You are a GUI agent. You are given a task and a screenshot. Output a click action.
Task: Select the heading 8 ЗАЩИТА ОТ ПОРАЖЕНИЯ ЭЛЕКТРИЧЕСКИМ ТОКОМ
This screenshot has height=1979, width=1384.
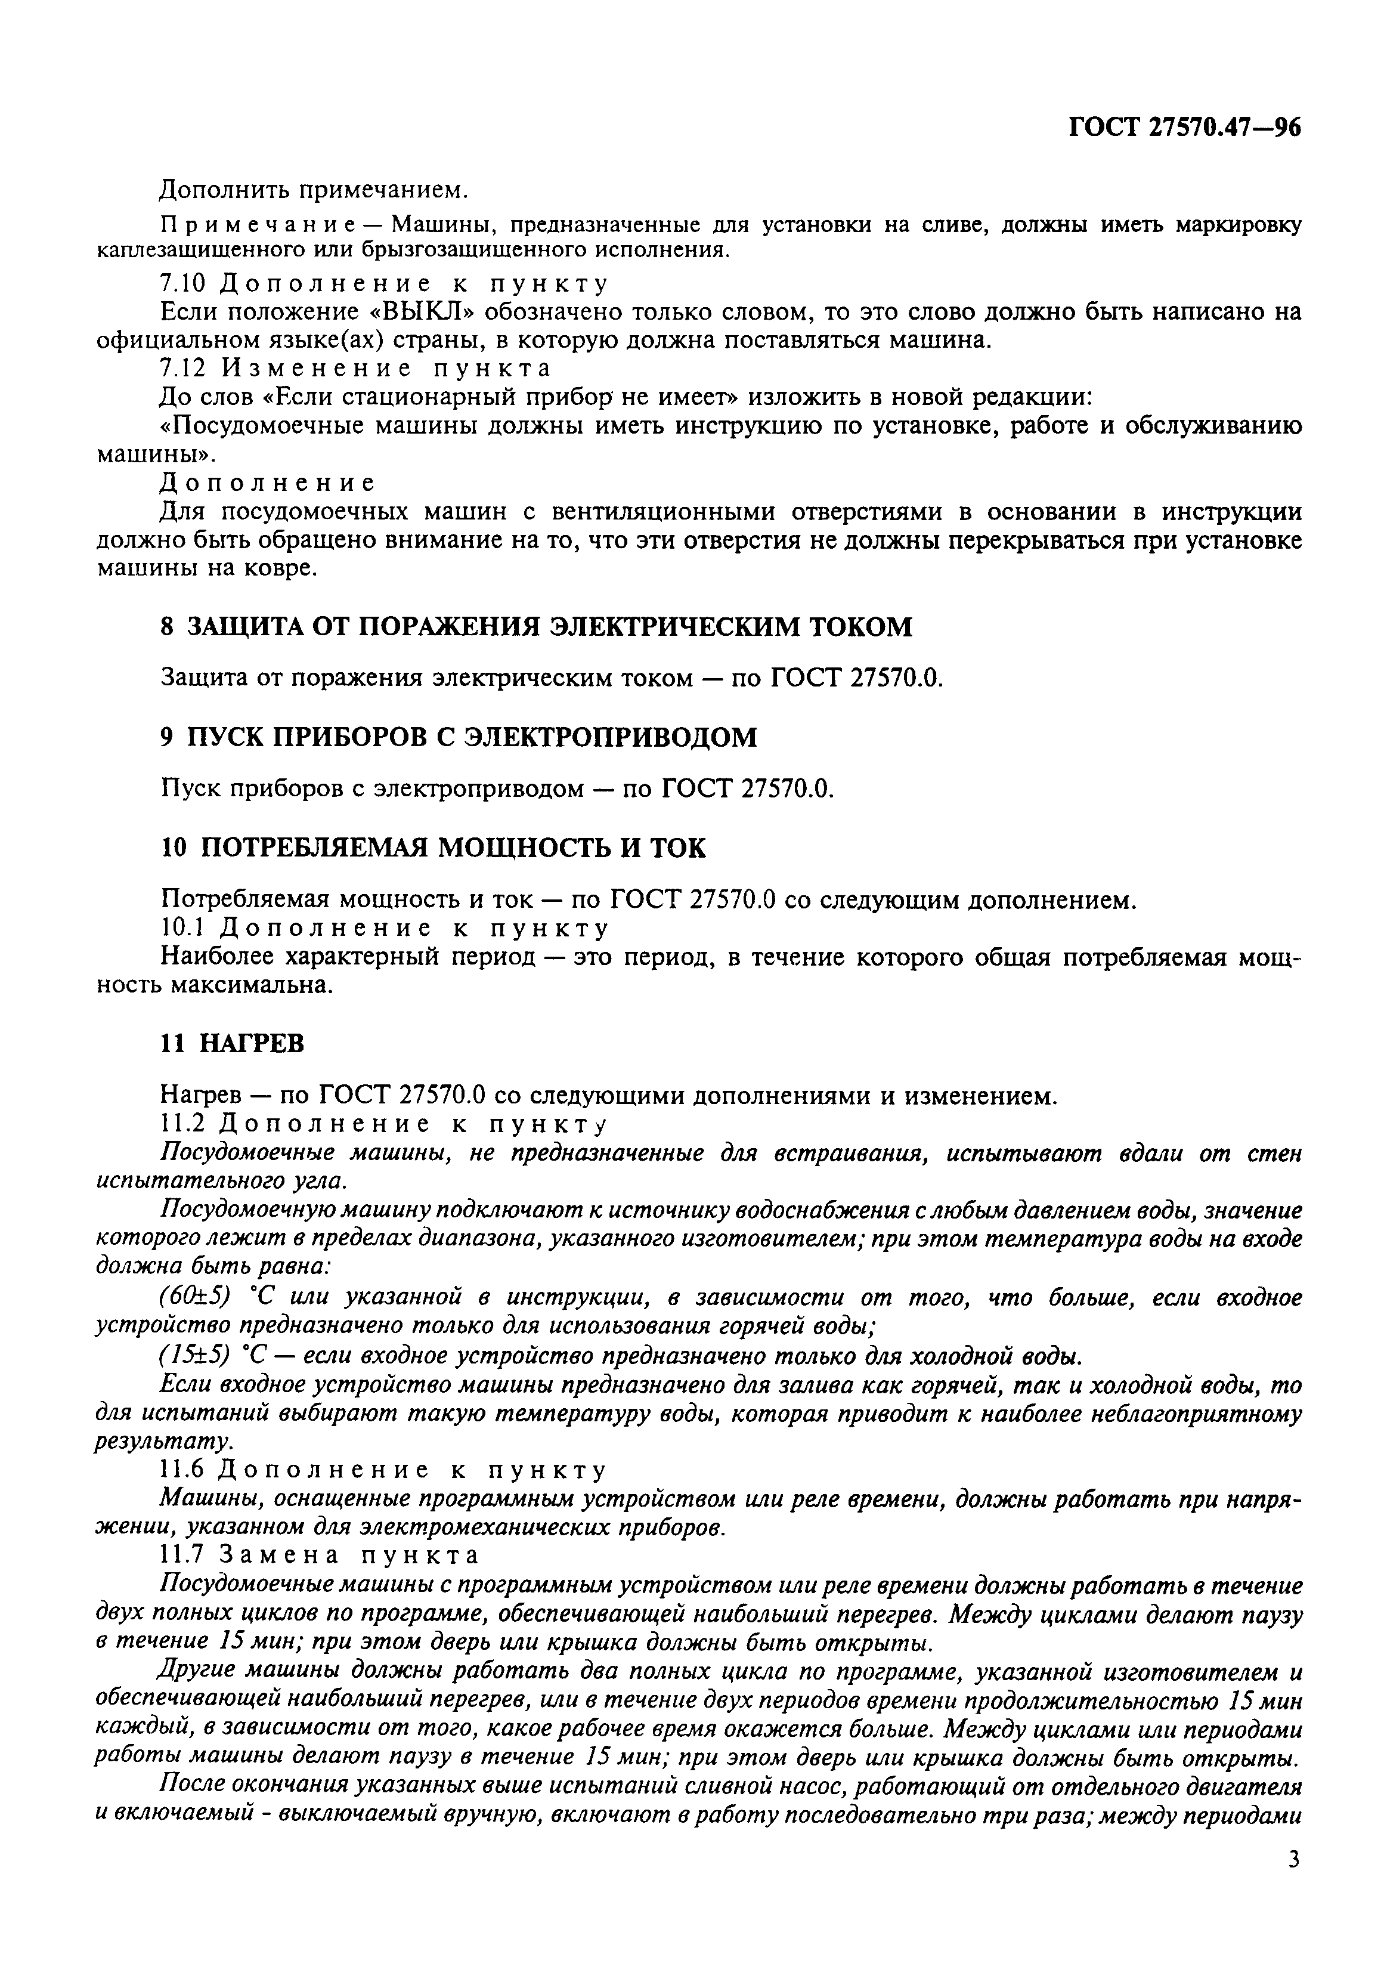pos(536,627)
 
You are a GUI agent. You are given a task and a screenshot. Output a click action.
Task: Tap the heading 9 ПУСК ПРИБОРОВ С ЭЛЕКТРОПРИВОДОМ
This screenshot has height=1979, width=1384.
pos(459,737)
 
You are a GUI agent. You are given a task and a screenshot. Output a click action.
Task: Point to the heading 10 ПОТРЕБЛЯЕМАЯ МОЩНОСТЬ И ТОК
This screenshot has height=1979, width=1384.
pos(434,848)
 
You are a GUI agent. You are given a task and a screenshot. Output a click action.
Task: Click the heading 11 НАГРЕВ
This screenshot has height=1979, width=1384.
pos(232,1044)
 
